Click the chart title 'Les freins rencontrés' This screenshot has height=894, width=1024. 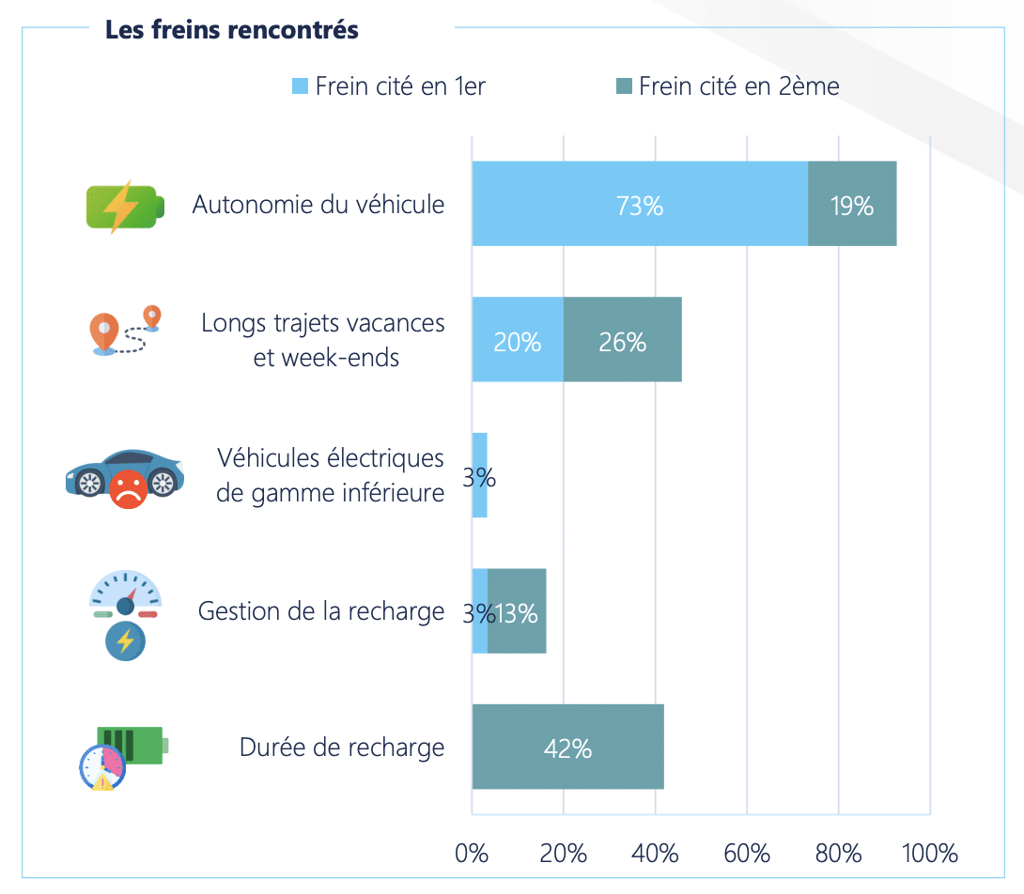pos(231,30)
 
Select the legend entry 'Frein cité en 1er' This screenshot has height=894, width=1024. pos(389,86)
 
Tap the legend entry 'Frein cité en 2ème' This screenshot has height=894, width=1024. pos(728,86)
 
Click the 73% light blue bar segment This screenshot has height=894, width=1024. pos(640,205)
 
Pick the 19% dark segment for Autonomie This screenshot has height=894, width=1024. pos(852,205)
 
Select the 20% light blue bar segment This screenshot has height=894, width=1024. pos(518,340)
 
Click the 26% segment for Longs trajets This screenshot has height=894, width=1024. pos(622,340)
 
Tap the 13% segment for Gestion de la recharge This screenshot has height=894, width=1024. pos(518,611)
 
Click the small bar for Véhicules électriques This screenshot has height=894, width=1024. pos(479,475)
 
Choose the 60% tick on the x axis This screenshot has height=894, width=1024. pos(747,854)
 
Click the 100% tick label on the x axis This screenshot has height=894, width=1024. pos(929,854)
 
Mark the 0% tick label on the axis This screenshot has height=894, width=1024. pos(472,854)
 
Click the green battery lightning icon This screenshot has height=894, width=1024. pos(124,206)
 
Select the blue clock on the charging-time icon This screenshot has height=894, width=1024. pos(101,766)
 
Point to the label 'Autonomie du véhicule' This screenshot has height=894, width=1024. pos(318,205)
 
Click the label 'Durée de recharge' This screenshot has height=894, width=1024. pos(342,748)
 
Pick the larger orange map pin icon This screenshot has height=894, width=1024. pos(104,332)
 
